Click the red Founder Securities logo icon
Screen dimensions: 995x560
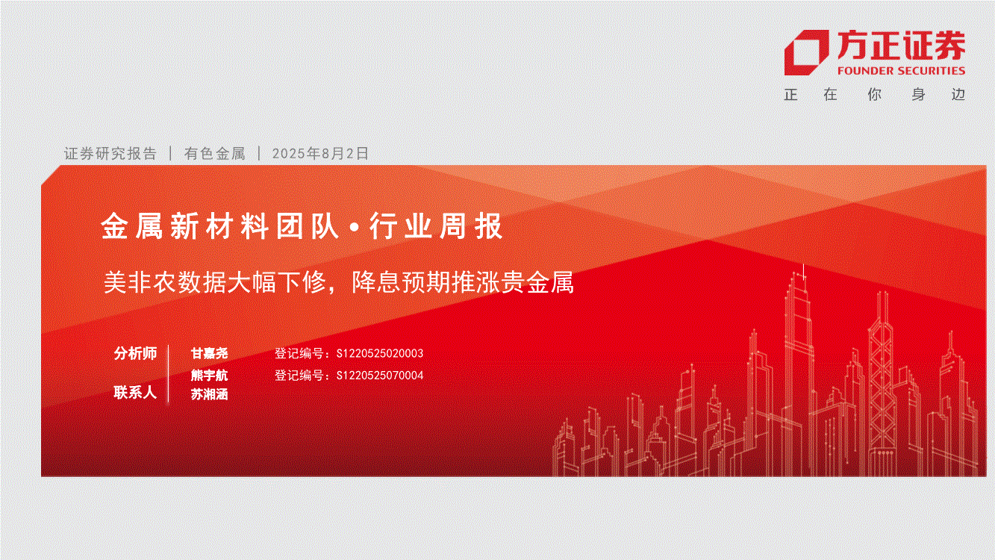[806, 52]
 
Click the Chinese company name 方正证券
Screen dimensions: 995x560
[901, 46]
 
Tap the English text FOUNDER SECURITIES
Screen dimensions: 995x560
[901, 71]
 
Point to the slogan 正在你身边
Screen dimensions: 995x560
[875, 94]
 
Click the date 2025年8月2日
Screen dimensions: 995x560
[320, 153]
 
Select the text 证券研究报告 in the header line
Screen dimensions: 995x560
[110, 153]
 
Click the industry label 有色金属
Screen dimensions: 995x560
[214, 153]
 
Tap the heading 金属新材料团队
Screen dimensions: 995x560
[220, 226]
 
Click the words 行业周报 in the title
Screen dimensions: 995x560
[436, 226]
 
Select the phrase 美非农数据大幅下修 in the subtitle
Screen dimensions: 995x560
[216, 282]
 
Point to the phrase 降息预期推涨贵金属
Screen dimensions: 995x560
[463, 282]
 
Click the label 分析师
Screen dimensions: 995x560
[136, 353]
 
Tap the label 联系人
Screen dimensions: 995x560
[136, 393]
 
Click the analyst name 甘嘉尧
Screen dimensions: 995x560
[209, 353]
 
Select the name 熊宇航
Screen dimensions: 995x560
[209, 376]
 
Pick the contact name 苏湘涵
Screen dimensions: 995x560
[209, 394]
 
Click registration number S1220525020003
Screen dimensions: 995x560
[380, 353]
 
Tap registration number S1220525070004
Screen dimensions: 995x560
[380, 376]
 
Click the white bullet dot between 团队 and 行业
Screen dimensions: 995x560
[355, 228]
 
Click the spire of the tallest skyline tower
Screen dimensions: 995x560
[804, 272]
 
